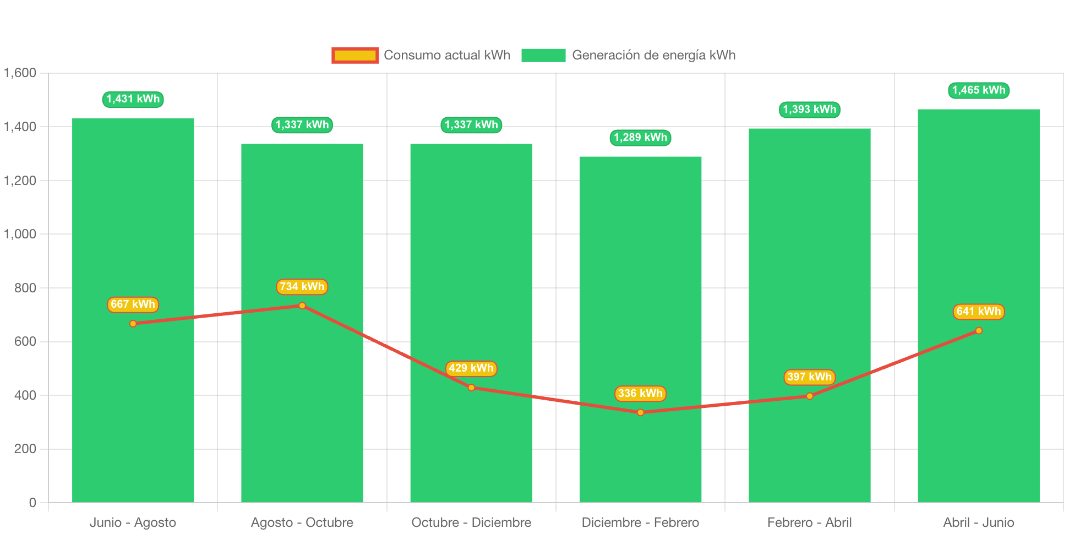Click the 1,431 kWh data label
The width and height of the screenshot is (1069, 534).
click(x=133, y=99)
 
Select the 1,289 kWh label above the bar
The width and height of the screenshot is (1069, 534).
click(x=640, y=138)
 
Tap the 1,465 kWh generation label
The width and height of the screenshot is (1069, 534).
click(x=978, y=90)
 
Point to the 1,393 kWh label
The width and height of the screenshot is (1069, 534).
click(x=809, y=110)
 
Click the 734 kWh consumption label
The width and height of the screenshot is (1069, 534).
click(x=302, y=287)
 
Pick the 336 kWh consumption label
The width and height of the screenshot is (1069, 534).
click(x=640, y=394)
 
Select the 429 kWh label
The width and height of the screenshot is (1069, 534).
click(x=471, y=368)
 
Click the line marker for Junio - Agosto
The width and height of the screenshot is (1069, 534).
click(x=133, y=324)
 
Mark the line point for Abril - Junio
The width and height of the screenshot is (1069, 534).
click(x=978, y=330)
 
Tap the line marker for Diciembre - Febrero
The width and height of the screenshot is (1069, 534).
click(x=640, y=412)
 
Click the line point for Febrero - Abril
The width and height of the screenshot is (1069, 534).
click(x=809, y=396)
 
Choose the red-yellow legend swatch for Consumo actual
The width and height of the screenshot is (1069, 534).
click(x=355, y=55)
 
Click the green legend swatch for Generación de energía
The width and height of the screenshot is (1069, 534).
click(x=543, y=55)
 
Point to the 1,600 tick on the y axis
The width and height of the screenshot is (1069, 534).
click(x=20, y=73)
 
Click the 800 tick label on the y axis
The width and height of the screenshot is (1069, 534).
click(x=25, y=288)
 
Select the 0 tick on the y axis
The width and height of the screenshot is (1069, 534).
click(x=32, y=503)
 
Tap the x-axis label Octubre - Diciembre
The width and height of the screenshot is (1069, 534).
click(x=471, y=522)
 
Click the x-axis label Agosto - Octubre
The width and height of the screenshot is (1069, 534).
click(x=302, y=522)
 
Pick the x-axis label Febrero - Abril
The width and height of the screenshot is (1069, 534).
click(x=809, y=522)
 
